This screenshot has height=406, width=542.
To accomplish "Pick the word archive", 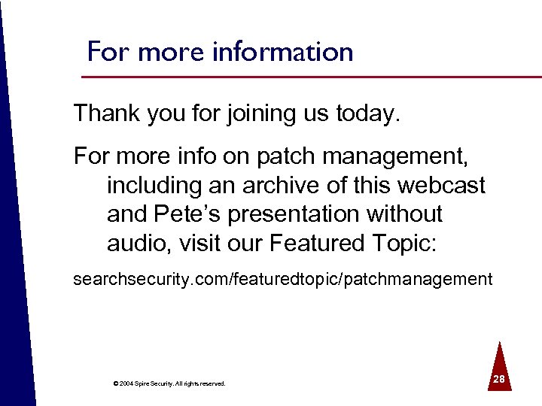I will pyautogui.click(x=288, y=184).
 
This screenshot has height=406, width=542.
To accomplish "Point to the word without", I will pyautogui.click(x=405, y=214).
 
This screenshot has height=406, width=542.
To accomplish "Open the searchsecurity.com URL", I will pyautogui.click(x=282, y=280).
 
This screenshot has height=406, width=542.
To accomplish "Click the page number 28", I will pyautogui.click(x=498, y=381).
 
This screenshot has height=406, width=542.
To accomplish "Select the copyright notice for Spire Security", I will pyautogui.click(x=169, y=383).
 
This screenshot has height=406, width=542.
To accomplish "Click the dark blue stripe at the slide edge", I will pyautogui.click(x=11, y=226).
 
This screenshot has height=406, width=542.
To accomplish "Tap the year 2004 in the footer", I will pyautogui.click(x=125, y=383).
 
